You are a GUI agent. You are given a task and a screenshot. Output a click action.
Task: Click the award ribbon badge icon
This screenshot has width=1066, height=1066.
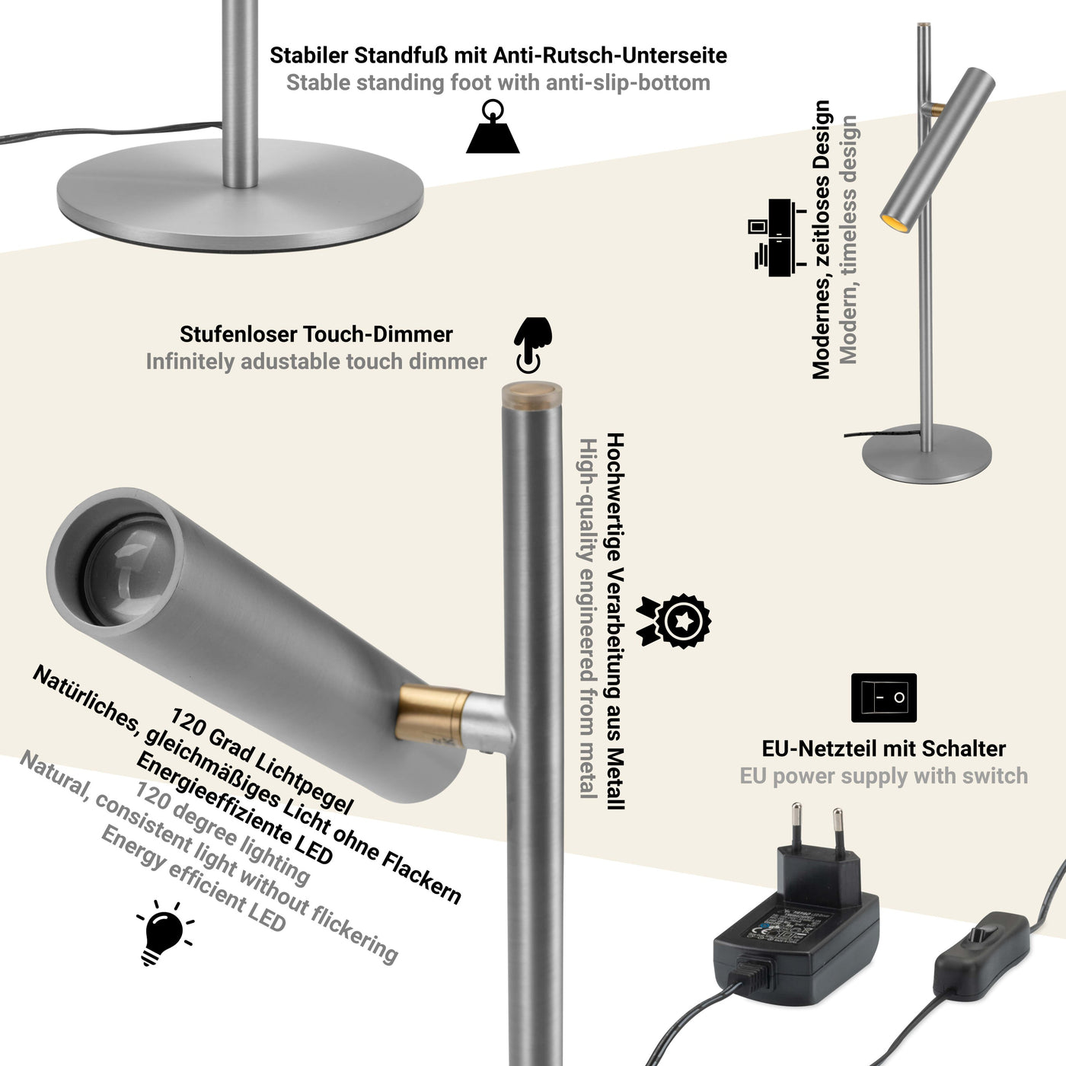(675, 621)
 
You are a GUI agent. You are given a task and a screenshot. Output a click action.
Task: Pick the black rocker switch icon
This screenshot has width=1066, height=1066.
(883, 697)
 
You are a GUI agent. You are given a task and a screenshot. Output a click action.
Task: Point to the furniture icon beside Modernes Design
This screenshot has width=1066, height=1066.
(776, 237)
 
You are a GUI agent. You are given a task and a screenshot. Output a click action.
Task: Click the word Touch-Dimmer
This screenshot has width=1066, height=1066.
(378, 334)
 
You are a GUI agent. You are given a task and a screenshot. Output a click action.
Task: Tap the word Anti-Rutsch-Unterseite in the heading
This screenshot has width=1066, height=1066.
(610, 56)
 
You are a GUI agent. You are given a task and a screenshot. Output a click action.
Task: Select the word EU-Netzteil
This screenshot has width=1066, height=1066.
(817, 748)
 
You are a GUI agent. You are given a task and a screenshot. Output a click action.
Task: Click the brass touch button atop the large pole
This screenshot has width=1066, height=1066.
(531, 394)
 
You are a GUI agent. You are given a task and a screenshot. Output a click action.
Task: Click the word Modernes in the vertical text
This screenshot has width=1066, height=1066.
(820, 334)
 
